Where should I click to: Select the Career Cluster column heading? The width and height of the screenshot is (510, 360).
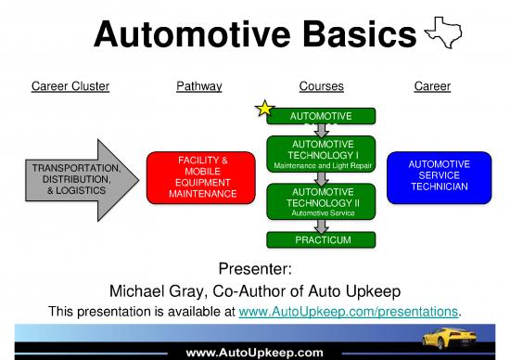pos(70,87)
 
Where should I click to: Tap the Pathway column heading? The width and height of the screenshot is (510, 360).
pos(198,87)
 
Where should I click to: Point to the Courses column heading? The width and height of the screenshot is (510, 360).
pos(322,87)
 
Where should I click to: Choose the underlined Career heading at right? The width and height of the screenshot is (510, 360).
pos(432,87)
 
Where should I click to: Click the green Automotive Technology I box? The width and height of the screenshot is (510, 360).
pos(322,154)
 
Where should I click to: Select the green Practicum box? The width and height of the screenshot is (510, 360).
pos(322,241)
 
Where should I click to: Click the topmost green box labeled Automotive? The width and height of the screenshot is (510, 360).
pos(322,116)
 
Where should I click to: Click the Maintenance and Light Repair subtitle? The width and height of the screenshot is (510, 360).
pos(322,166)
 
